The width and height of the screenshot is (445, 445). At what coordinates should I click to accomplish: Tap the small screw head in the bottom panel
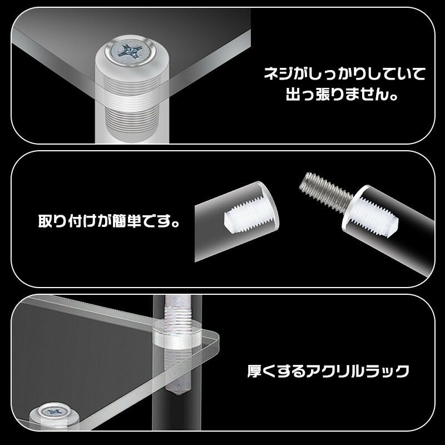(54, 411)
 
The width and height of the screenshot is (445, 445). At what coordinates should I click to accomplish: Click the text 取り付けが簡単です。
(109, 220)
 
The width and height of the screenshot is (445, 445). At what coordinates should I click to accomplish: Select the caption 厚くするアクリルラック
(328, 371)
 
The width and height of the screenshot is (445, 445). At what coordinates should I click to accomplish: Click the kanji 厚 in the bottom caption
(254, 371)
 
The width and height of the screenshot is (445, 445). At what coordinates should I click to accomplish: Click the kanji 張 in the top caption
(323, 94)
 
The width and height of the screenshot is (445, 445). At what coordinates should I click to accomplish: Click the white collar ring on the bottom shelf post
(177, 336)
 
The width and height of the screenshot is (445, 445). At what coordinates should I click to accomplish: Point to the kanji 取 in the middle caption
(46, 220)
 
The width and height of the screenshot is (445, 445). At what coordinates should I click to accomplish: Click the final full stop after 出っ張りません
(393, 97)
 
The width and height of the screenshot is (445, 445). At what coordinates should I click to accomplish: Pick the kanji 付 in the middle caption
(76, 220)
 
